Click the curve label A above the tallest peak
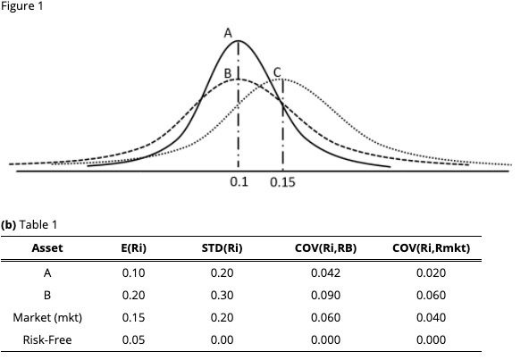[229, 32]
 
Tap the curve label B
[228, 71]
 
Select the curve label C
[277, 71]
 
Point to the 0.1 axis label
[238, 182]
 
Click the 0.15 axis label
[282, 182]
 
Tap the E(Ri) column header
[133, 247]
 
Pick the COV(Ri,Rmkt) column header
[432, 247]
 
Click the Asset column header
[47, 247]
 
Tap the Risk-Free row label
[47, 339]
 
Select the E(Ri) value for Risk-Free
[133, 339]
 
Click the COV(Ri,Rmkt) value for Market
[432, 317]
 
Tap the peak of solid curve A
[238, 41]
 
